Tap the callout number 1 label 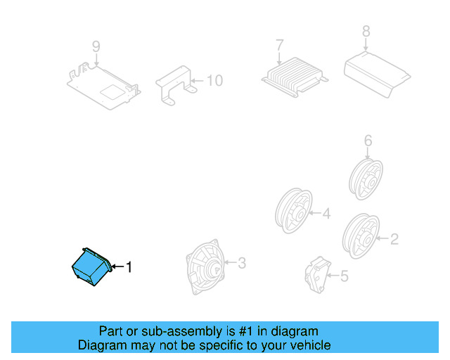128,266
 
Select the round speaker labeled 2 359,233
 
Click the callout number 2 394,240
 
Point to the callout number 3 241,264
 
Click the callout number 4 326,212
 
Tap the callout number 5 343,276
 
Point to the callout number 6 368,141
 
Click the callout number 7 279,45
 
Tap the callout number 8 366,31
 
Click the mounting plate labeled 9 104,86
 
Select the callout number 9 96,46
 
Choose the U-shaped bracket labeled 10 176,84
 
